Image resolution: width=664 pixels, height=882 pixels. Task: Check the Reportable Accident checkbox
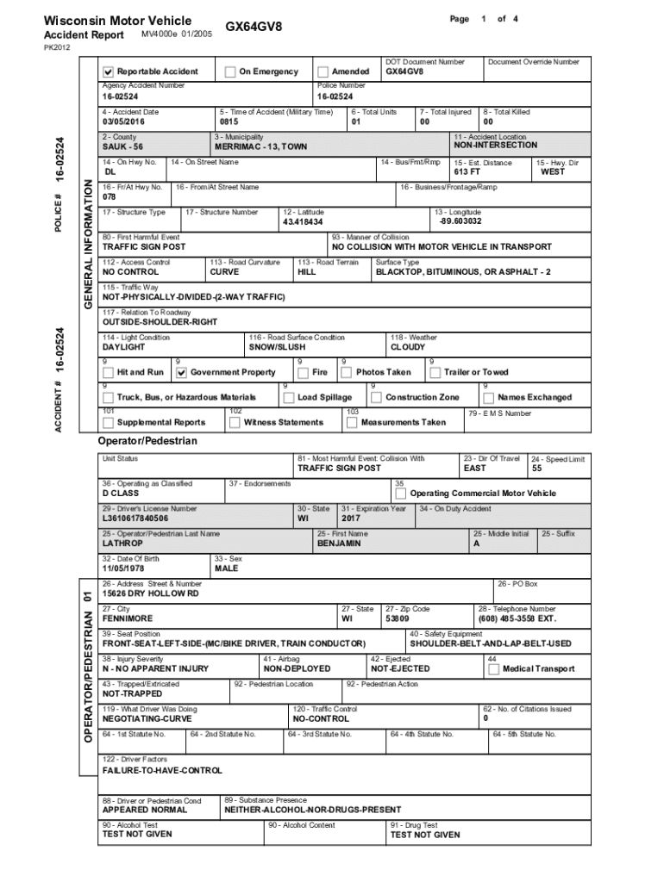click(108, 71)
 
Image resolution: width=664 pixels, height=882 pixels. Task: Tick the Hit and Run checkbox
click(108, 373)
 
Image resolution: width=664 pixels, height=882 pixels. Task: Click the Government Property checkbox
click(181, 373)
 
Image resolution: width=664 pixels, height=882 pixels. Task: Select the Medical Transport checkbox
click(493, 669)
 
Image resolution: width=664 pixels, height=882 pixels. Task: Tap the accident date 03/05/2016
click(123, 122)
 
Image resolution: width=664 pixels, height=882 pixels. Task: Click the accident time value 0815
click(229, 122)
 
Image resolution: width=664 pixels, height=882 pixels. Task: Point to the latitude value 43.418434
click(303, 222)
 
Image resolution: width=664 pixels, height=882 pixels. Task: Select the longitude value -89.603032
click(460, 221)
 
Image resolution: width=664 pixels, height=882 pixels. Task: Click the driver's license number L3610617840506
click(135, 519)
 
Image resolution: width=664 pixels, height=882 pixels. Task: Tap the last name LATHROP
click(123, 544)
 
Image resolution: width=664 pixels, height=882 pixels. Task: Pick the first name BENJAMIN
click(339, 544)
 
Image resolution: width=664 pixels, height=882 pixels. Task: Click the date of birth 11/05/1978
click(124, 568)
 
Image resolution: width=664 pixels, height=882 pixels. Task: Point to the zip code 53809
click(398, 618)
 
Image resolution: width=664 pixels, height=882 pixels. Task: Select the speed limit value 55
click(536, 469)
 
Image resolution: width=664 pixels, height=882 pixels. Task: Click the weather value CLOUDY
click(408, 347)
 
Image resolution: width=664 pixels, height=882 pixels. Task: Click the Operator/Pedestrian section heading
click(147, 441)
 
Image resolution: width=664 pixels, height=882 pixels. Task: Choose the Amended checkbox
click(323, 71)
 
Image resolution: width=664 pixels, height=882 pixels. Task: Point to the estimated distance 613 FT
click(467, 172)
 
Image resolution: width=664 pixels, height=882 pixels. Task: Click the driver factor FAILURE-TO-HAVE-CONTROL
click(162, 770)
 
